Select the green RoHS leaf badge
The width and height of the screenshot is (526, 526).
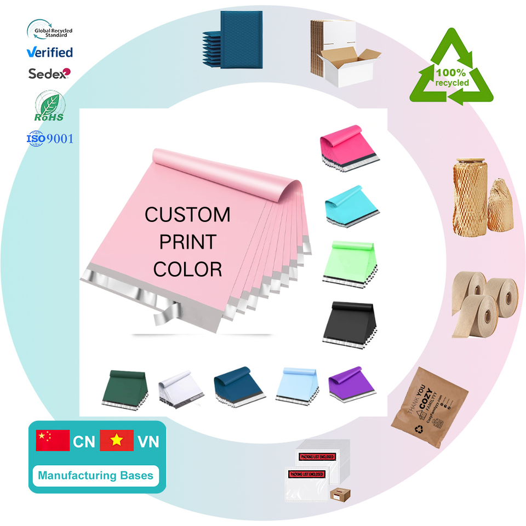coord(49,107)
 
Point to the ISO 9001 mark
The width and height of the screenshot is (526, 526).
coord(50,138)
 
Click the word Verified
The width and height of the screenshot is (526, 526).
coord(50,53)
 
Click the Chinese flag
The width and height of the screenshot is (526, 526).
coord(53,441)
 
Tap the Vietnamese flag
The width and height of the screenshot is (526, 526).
coord(117,441)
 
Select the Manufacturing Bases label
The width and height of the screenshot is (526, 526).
coord(96,475)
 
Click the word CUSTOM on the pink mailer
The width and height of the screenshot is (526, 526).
coord(187,215)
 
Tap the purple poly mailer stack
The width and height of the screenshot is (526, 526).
coord(352,381)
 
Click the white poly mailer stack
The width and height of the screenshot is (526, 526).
coord(180,390)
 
